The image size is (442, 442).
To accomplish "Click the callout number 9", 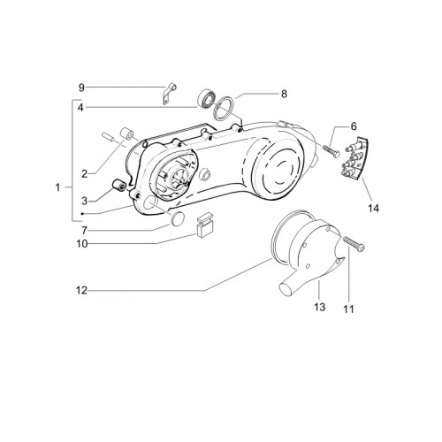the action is (x=81, y=88).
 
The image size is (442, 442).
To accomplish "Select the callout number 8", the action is (x=284, y=94).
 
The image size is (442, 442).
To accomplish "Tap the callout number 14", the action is (x=373, y=209).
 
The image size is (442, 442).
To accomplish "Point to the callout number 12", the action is (x=81, y=291).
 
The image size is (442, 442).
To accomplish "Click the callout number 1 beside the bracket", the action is (x=57, y=187).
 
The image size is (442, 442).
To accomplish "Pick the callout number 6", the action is (x=354, y=126).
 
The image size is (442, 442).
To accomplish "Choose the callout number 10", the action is (x=82, y=244).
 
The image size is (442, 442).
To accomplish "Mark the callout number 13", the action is (x=320, y=307).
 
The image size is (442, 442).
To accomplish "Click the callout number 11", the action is (x=348, y=309).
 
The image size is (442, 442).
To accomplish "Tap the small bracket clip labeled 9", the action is (x=170, y=94).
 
